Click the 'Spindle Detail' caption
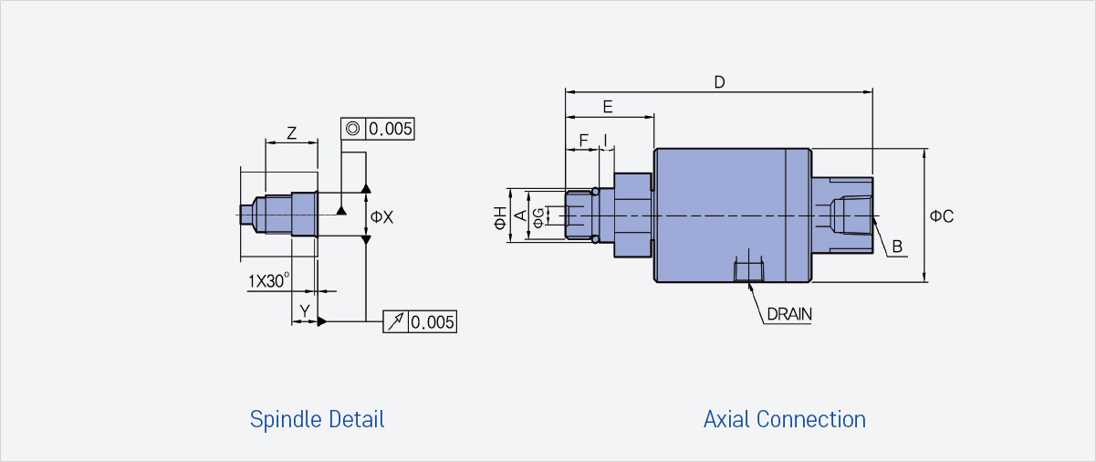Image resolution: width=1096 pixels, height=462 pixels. (317, 420)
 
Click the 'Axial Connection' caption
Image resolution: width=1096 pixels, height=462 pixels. (784, 420)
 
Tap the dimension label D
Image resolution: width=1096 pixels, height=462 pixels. (719, 82)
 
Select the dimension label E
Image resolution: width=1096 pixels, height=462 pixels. (608, 107)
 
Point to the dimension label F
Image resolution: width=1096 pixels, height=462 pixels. (583, 141)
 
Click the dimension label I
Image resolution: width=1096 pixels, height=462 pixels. (606, 141)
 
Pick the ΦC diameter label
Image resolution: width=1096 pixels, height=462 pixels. (942, 216)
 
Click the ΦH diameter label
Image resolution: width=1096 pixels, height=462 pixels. (500, 218)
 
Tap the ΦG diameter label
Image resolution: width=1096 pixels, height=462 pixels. (538, 218)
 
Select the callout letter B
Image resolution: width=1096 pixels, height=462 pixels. (897, 247)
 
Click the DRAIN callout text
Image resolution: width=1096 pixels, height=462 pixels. (789, 314)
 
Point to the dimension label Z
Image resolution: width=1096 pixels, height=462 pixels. (292, 133)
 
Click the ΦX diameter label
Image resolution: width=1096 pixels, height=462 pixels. (381, 216)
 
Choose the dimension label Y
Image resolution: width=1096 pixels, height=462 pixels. (305, 310)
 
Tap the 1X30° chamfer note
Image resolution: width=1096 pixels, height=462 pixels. (268, 281)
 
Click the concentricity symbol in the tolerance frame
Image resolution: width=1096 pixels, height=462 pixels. (353, 129)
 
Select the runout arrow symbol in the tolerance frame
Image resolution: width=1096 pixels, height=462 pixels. (395, 321)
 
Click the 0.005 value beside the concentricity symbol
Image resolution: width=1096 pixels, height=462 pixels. (391, 130)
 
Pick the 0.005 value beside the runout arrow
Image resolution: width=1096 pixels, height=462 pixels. (433, 322)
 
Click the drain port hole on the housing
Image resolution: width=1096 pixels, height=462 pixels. (748, 269)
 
